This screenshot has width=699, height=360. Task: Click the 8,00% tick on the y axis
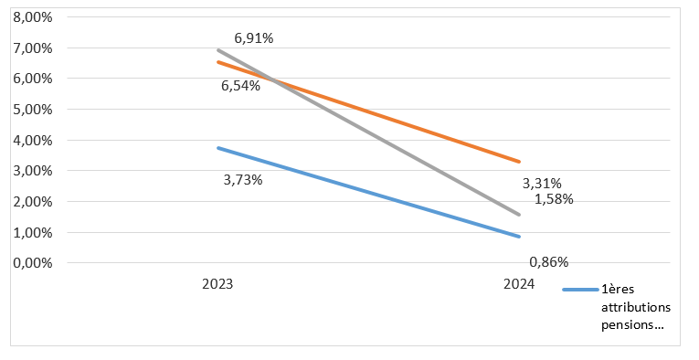click(33, 17)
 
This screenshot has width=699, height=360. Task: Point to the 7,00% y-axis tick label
click(33, 48)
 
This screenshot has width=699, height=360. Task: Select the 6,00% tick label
click(33, 79)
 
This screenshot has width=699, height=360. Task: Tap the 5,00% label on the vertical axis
click(33, 109)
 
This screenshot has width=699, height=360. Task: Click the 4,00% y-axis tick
click(33, 141)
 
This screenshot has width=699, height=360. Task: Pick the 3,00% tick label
click(33, 171)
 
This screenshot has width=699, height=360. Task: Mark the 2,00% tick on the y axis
click(33, 201)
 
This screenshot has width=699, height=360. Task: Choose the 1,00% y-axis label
click(33, 233)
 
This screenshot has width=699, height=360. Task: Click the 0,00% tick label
click(33, 263)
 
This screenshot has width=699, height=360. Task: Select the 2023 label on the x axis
click(217, 284)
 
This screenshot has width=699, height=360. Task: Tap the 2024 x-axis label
click(519, 284)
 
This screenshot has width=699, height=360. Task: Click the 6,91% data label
click(254, 38)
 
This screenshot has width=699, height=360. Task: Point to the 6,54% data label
click(240, 86)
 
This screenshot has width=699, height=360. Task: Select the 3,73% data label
click(243, 180)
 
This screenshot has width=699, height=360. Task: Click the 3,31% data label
click(542, 183)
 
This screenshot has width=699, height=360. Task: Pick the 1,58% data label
click(554, 199)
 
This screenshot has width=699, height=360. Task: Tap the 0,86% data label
click(549, 262)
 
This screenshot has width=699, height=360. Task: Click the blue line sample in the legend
click(580, 290)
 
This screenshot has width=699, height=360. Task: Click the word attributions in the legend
click(636, 307)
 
